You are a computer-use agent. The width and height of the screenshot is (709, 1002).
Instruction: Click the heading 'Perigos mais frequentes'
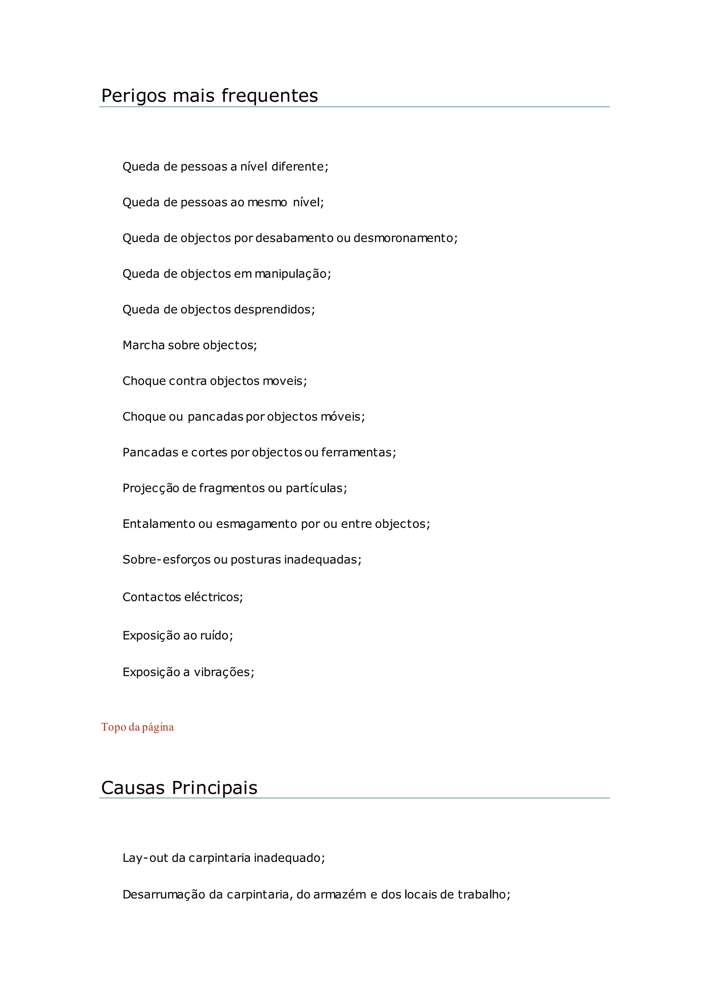209,96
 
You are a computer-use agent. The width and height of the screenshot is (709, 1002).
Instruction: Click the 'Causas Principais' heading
179,788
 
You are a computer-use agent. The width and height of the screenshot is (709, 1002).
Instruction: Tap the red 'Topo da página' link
137,727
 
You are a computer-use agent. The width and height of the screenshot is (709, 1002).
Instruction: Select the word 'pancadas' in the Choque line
215,417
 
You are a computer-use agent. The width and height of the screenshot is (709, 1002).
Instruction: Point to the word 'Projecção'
151,488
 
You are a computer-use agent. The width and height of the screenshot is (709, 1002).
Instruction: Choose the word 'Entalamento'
159,524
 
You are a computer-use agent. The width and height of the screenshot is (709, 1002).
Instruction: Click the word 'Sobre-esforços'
166,560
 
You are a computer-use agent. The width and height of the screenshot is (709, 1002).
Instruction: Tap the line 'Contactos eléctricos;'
182,597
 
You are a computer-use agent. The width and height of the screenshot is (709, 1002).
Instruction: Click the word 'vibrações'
222,672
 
